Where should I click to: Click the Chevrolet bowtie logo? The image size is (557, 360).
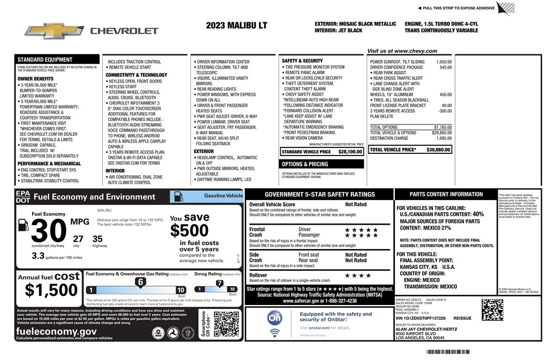pos(53,31)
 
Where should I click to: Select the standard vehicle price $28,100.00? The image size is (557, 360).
pos(350,152)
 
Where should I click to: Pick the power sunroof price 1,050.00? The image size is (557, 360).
pos(444,62)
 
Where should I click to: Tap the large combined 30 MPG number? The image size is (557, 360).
pos(49,233)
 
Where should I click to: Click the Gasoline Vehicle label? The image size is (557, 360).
pos(223,195)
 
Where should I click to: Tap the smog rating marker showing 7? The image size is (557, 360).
pos(219,283)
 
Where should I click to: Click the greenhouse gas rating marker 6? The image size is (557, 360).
pos(140,282)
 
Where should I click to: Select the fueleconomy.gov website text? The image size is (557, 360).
pos(57,331)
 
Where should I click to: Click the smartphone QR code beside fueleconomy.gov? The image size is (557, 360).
pos(226,324)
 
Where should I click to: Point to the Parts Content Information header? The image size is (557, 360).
pos(445,194)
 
